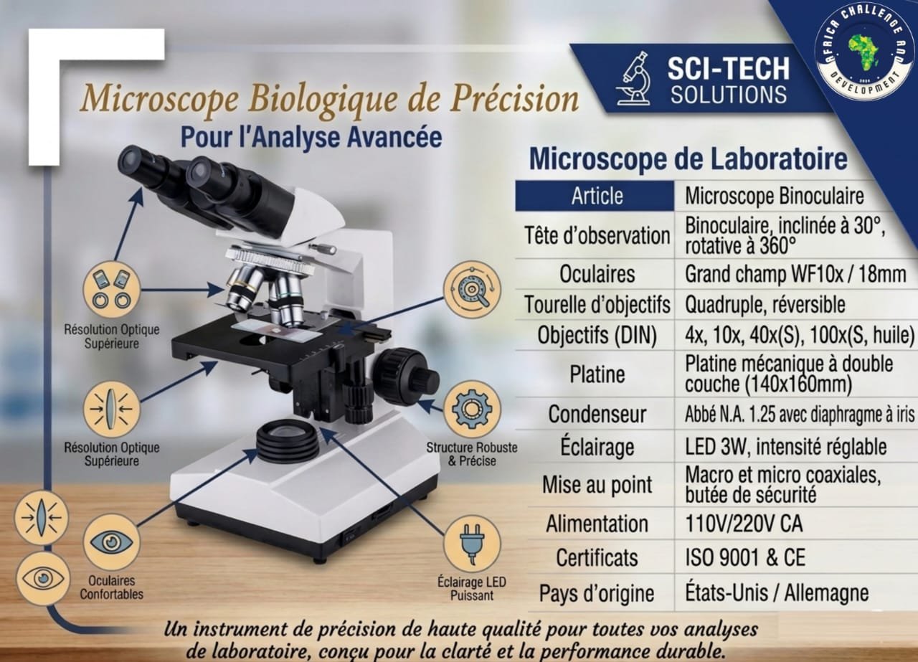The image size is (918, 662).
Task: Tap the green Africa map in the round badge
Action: coord(864,57)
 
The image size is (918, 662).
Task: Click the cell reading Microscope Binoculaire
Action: coord(775,196)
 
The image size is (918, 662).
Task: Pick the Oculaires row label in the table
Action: coord(597,274)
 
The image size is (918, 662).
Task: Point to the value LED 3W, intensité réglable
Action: coord(786,447)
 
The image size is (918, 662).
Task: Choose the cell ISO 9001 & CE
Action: coord(745,557)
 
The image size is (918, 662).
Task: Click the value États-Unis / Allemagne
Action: coord(777,592)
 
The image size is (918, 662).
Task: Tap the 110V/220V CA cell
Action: coord(744,524)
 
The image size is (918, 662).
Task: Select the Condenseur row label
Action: coord(597,415)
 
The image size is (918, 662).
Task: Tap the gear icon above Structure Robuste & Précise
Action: coord(472,409)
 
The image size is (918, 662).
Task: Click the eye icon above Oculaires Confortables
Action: coord(111,542)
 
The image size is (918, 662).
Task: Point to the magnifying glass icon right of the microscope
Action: coord(472,289)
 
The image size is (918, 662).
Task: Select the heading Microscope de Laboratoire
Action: coord(688,160)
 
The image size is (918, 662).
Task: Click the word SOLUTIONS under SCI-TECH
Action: coord(729,95)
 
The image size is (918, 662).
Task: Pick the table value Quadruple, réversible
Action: coord(765,305)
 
